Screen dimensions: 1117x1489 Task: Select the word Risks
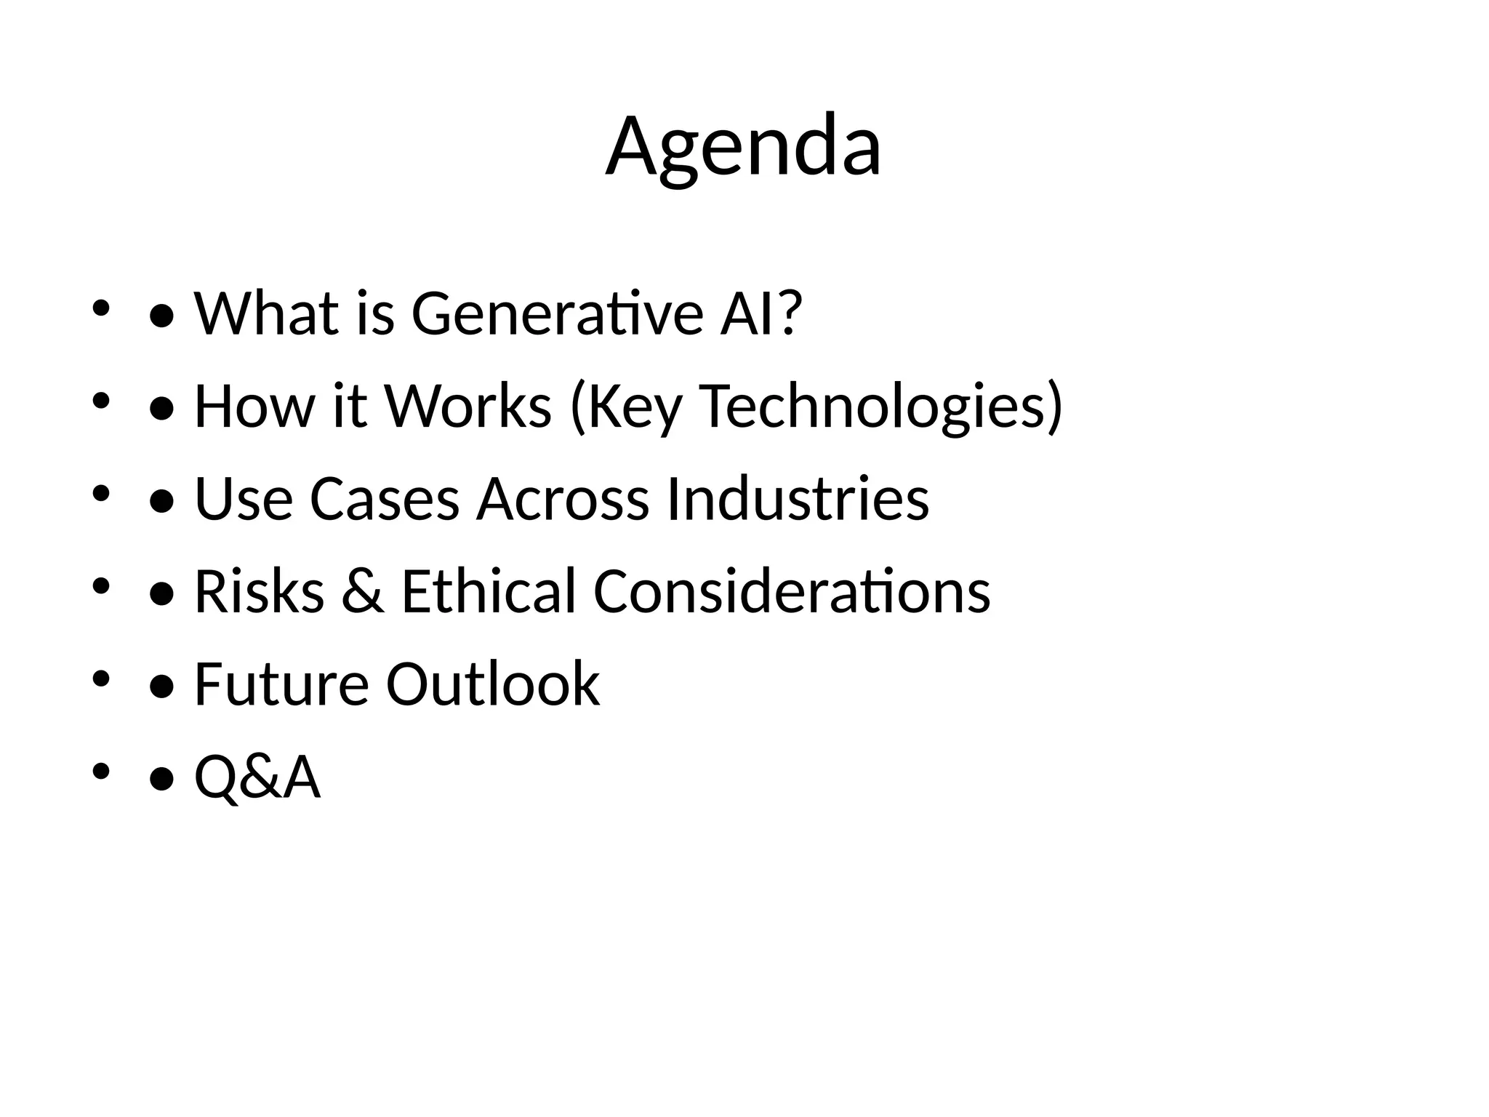tap(259, 591)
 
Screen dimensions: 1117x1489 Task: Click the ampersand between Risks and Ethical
tap(363, 591)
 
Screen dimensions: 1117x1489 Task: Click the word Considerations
tap(792, 591)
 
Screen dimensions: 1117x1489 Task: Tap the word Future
tap(281, 684)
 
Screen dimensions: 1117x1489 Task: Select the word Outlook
tap(492, 684)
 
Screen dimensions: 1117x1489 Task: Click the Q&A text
tap(257, 777)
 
